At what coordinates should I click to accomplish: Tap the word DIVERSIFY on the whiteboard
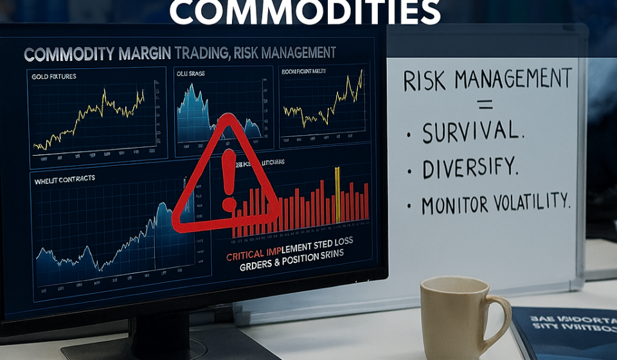click(470, 168)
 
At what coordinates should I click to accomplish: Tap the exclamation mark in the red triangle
click(228, 178)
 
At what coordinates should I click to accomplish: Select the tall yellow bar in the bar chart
click(336, 193)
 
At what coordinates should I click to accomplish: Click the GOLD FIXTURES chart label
click(53, 76)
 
